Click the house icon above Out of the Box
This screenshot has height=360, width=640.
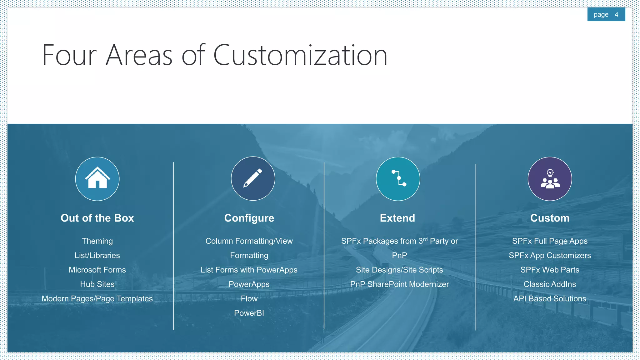[97, 179]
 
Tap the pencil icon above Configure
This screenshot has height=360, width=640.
[253, 178]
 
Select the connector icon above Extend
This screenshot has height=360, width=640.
[398, 179]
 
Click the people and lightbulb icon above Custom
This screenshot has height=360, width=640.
[550, 179]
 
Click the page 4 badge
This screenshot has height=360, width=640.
[606, 15]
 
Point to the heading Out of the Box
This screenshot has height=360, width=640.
[97, 218]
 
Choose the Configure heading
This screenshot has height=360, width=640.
[249, 218]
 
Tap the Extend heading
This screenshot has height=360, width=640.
[397, 218]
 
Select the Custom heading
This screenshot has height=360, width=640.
[550, 218]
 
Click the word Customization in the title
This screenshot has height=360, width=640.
[300, 55]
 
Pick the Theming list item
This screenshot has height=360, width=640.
[97, 241]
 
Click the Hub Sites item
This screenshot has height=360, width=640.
[97, 284]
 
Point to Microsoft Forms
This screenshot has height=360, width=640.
[97, 270]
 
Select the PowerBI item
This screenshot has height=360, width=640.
[249, 313]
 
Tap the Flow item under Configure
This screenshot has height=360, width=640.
[249, 298]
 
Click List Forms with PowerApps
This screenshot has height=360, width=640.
[249, 270]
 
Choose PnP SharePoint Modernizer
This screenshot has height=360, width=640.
[399, 284]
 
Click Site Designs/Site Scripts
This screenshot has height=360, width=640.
[399, 270]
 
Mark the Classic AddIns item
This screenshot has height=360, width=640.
[550, 284]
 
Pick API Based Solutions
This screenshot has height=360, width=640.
[550, 298]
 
